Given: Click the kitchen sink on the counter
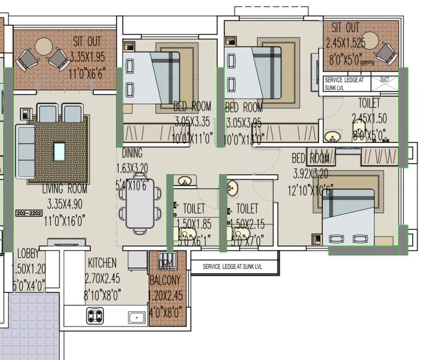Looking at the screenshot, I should coord(136,317).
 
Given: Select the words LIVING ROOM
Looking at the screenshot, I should coord(64,189).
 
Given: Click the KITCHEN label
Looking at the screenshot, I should coord(102,263).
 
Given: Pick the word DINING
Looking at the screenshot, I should coord(131,154).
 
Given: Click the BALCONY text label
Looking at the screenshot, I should coord(165,280).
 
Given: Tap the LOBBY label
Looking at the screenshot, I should coord(28,254).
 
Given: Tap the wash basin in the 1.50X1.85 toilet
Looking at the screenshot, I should coord(184,181).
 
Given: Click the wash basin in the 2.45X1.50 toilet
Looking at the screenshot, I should coord(331,136).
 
